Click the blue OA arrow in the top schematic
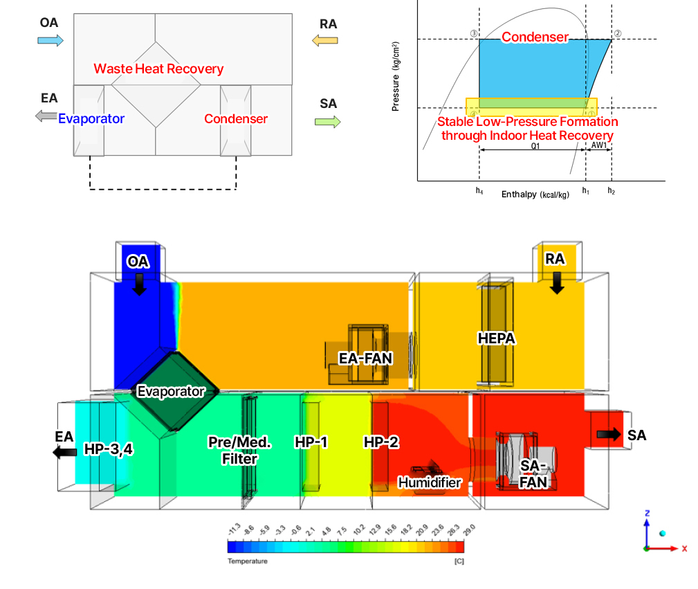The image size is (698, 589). [50, 40]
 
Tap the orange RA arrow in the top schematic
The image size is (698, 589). [324, 40]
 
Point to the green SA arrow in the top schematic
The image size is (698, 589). [327, 122]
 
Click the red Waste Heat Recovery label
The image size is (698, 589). [158, 69]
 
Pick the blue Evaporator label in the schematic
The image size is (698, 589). [91, 118]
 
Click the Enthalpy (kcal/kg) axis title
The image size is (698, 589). [535, 195]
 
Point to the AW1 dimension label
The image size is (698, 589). [598, 146]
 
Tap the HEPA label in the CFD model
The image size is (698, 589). [497, 338]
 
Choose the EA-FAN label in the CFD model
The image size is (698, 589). [365, 358]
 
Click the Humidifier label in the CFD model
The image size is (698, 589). [429, 482]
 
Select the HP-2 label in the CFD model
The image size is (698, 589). [381, 442]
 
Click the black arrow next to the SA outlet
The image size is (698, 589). [609, 434]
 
